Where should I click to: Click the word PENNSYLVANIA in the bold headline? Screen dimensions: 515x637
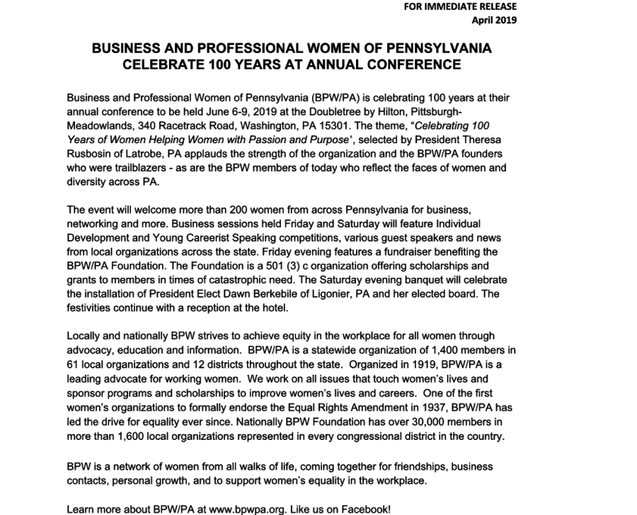click(428, 49)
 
